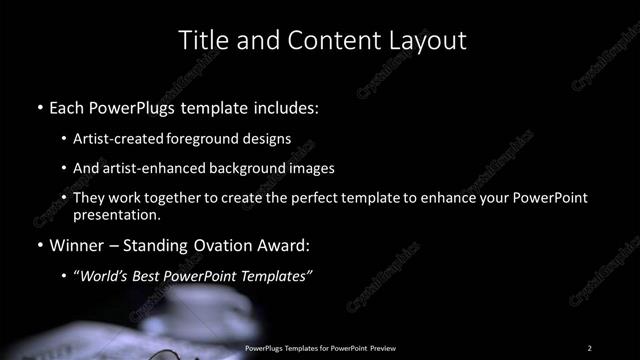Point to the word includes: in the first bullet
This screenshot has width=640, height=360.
283,105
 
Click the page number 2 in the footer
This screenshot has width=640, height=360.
590,348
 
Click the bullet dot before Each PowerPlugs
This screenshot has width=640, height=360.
39,106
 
